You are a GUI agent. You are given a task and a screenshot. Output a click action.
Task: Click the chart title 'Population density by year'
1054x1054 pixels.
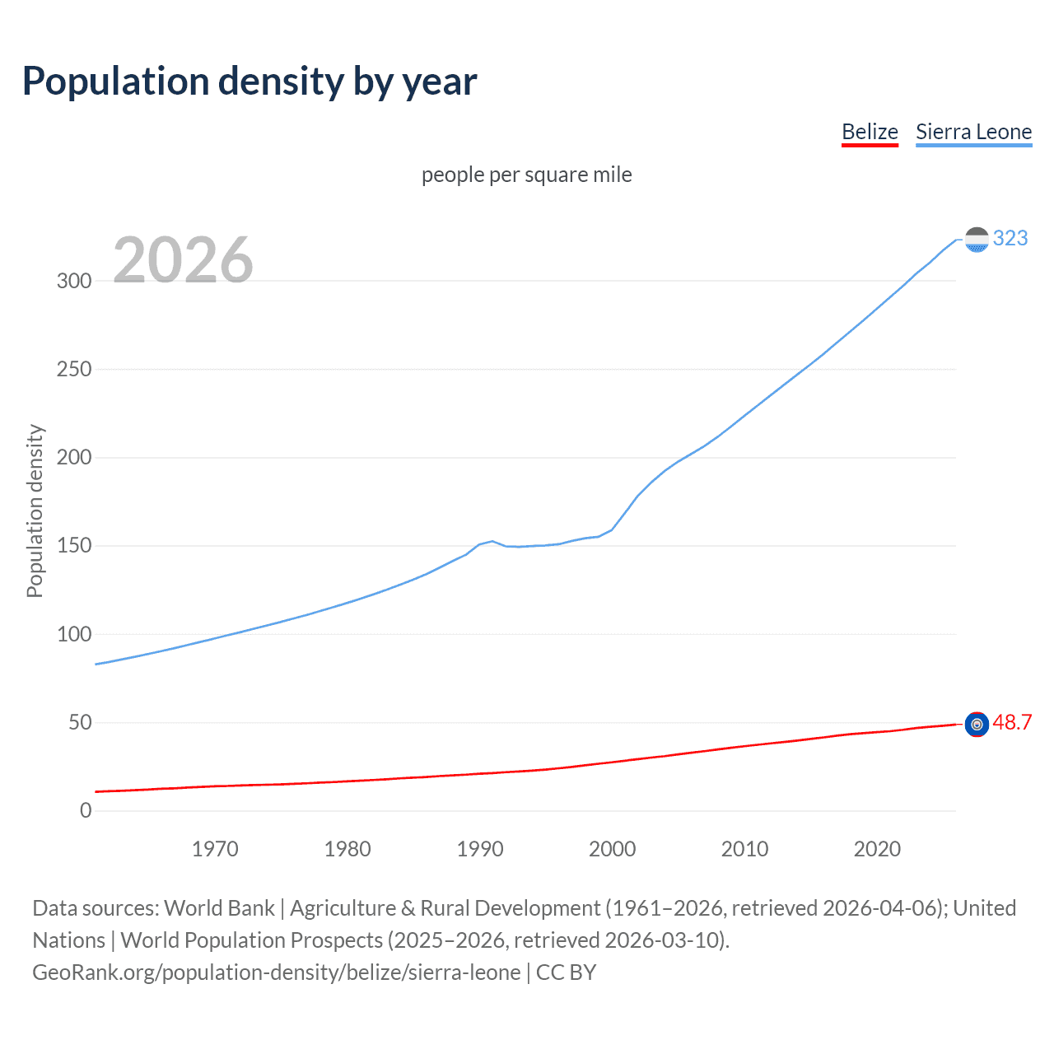click(250, 82)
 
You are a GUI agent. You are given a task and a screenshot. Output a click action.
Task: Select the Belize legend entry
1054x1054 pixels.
click(870, 132)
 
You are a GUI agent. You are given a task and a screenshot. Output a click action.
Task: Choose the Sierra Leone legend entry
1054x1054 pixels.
click(973, 132)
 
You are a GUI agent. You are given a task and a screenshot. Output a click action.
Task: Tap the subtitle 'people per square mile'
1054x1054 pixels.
click(526, 175)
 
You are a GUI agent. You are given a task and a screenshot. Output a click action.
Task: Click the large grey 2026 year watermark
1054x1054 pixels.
click(183, 260)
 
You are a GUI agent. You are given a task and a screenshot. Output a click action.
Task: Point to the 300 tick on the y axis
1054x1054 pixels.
click(74, 281)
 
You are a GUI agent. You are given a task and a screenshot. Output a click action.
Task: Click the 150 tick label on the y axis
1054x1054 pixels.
click(74, 546)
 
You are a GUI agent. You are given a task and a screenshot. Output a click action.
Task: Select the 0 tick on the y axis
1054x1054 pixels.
click(86, 811)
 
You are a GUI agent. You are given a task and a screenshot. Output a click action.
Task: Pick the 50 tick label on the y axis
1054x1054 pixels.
click(80, 723)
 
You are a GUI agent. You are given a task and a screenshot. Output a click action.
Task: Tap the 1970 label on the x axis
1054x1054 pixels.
click(215, 849)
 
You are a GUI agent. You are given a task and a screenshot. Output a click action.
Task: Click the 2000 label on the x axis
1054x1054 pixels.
click(612, 849)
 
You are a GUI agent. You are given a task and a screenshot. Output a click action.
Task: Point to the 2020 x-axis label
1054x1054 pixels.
click(877, 849)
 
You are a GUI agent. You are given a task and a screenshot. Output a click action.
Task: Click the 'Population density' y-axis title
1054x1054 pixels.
click(35, 511)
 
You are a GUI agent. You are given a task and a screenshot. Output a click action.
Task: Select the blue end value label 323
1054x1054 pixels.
click(1010, 238)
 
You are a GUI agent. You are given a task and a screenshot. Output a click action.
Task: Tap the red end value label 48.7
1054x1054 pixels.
click(1012, 722)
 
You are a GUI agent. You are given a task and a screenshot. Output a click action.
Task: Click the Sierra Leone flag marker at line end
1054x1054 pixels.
click(977, 240)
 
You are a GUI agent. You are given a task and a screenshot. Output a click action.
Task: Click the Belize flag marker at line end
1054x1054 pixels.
click(977, 725)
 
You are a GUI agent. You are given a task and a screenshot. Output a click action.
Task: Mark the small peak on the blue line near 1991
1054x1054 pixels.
click(492, 541)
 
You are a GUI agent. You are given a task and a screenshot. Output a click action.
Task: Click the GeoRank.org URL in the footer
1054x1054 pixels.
click(276, 972)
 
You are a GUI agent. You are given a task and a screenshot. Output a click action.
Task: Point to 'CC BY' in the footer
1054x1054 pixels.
click(566, 972)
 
